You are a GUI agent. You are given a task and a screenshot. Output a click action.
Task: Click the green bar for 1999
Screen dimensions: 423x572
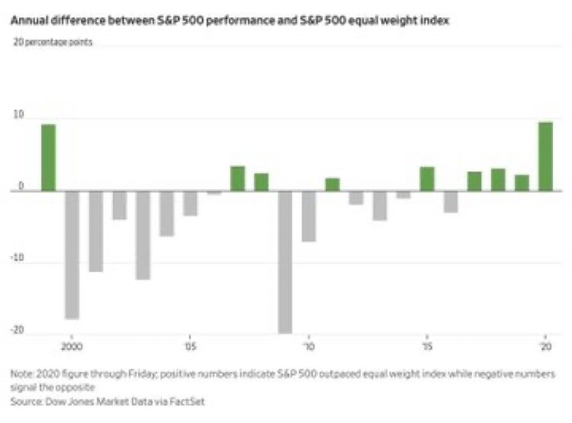(x=48, y=157)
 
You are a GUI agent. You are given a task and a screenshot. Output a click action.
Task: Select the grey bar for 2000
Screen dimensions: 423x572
(x=72, y=254)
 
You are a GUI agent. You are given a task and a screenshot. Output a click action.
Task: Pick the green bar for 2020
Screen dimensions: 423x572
(x=545, y=155)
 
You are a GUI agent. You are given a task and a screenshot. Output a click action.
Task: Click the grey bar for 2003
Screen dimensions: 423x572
(x=143, y=235)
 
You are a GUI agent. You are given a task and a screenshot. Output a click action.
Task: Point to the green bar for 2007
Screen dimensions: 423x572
(x=237, y=178)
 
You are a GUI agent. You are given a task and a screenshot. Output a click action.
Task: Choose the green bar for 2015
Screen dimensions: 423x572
(x=427, y=178)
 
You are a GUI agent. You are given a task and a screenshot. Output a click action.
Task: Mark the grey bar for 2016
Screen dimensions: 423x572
(x=451, y=201)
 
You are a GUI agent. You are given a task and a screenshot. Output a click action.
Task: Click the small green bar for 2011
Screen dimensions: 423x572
(x=333, y=184)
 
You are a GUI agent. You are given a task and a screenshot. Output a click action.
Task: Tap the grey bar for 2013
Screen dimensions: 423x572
(x=380, y=205)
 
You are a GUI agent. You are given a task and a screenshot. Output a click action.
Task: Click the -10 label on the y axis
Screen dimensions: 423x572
(x=17, y=259)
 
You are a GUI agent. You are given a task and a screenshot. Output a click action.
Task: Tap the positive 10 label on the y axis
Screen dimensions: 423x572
(x=18, y=115)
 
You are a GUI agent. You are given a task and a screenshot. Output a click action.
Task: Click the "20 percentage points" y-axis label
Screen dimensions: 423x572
(x=53, y=43)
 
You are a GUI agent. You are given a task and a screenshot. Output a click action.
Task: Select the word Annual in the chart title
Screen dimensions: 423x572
(x=27, y=21)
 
